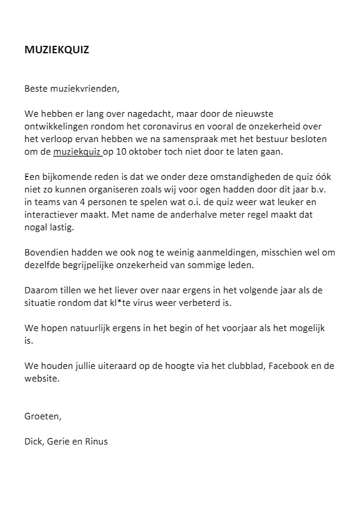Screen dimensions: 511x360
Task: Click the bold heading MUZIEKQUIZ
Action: click(x=57, y=50)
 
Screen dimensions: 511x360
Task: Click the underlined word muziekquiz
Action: click(x=77, y=152)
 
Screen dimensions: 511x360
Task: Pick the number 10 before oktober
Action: click(x=121, y=152)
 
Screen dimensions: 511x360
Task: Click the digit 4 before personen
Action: click(x=75, y=203)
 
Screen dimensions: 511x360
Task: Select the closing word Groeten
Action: click(x=42, y=416)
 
